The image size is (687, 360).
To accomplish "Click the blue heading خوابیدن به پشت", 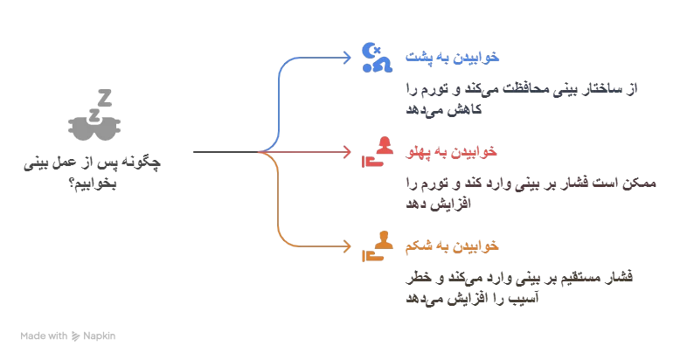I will pos(451,57).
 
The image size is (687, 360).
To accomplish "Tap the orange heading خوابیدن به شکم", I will pos(451,246).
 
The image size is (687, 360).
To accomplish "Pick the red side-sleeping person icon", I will pos(378,152).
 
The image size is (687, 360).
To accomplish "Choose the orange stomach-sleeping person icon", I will pos(378,246).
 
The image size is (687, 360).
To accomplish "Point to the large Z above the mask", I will pos(105,96).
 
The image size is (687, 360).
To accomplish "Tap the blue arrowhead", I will pos(349,58).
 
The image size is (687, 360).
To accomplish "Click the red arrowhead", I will pos(349,152).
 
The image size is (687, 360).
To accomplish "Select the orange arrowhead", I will pos(349,246).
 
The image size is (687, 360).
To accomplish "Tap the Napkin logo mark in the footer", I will pos(76,336).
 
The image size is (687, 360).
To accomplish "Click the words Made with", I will pos(44,336).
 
